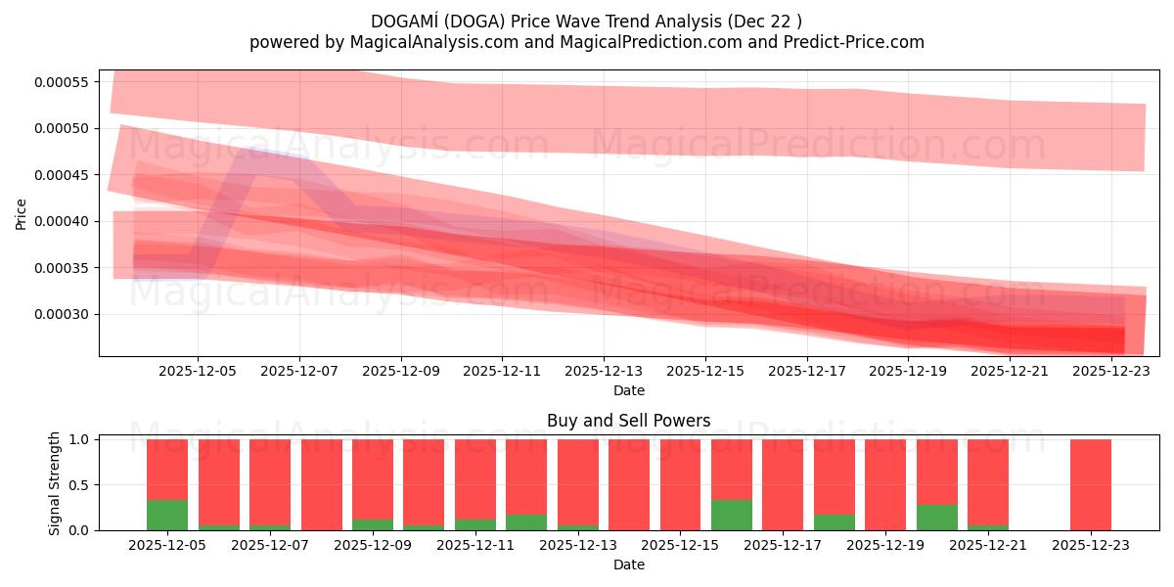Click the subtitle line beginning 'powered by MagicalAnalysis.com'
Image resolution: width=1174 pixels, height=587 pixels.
(587, 42)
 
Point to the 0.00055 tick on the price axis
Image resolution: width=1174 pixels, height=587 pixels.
(62, 81)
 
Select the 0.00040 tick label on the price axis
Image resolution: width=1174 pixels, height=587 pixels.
(62, 221)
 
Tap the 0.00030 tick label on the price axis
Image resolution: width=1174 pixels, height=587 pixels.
(62, 314)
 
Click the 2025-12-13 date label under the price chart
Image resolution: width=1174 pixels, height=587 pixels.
(604, 372)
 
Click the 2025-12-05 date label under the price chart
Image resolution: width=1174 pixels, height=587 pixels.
(198, 372)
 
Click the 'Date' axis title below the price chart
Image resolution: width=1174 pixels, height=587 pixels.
(628, 390)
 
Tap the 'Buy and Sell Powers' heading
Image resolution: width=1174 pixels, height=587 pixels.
(628, 422)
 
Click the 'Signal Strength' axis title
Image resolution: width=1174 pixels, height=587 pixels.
(55, 482)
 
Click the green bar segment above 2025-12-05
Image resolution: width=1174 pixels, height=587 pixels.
(167, 515)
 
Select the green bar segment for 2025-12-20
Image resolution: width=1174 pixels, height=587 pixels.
(937, 518)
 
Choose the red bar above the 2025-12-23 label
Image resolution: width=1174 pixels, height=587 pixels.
(1090, 484)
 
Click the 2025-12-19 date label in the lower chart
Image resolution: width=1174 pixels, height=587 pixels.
(885, 546)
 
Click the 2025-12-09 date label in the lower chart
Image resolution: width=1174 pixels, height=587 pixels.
(373, 546)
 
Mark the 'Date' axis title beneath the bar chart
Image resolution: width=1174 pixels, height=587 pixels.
(628, 564)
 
